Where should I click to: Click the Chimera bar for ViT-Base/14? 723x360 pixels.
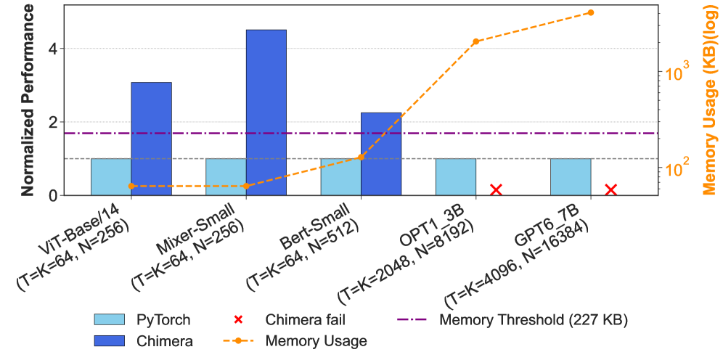point(151,139)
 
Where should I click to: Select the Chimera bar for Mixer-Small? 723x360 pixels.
point(266,112)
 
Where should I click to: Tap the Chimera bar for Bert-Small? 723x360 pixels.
point(381,154)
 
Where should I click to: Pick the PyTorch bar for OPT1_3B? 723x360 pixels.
point(456,176)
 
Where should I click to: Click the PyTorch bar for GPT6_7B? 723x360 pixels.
point(571,176)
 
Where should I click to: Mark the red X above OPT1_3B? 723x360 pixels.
point(497,189)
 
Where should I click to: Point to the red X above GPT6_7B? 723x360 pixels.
point(611,189)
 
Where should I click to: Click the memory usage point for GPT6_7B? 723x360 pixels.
point(591,12)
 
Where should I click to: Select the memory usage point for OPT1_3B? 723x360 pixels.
point(476,42)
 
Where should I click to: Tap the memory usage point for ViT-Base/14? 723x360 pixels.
point(131,186)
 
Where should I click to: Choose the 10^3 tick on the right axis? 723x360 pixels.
point(675,73)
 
